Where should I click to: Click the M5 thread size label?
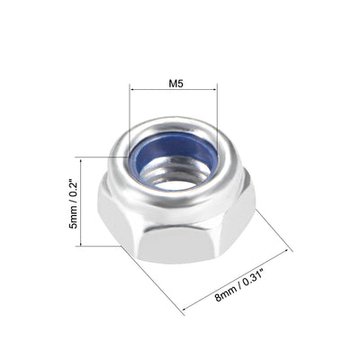174,79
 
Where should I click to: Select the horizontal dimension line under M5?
174,89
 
